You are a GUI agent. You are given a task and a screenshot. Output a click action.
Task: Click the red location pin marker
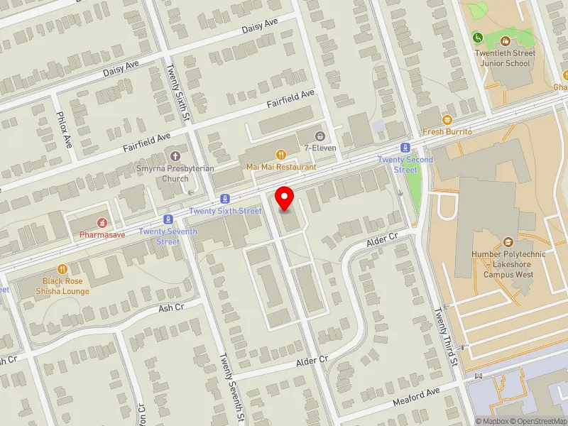(285, 198)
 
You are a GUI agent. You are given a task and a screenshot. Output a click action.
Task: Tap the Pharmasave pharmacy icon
(102, 222)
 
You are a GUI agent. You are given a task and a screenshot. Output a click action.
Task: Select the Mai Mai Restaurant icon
(281, 155)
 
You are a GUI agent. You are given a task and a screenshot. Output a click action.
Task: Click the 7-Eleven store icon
(320, 135)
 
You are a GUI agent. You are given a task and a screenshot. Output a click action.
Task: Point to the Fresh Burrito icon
(447, 119)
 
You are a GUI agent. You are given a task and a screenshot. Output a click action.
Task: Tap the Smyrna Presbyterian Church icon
(175, 156)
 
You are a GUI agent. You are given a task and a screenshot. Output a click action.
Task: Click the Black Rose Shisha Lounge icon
(65, 269)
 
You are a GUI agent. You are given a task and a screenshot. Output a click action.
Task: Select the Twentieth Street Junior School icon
(505, 41)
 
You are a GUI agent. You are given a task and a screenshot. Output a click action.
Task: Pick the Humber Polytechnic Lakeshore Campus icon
(507, 242)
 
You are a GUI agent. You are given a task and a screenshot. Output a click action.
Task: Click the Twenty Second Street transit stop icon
(405, 148)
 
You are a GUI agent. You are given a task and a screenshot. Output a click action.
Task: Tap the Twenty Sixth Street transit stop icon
(225, 199)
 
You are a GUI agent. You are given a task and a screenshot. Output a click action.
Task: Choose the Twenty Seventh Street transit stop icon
(168, 219)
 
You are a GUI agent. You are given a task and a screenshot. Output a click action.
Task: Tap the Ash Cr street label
(171, 307)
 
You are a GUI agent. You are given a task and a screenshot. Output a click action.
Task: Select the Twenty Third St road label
(447, 333)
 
